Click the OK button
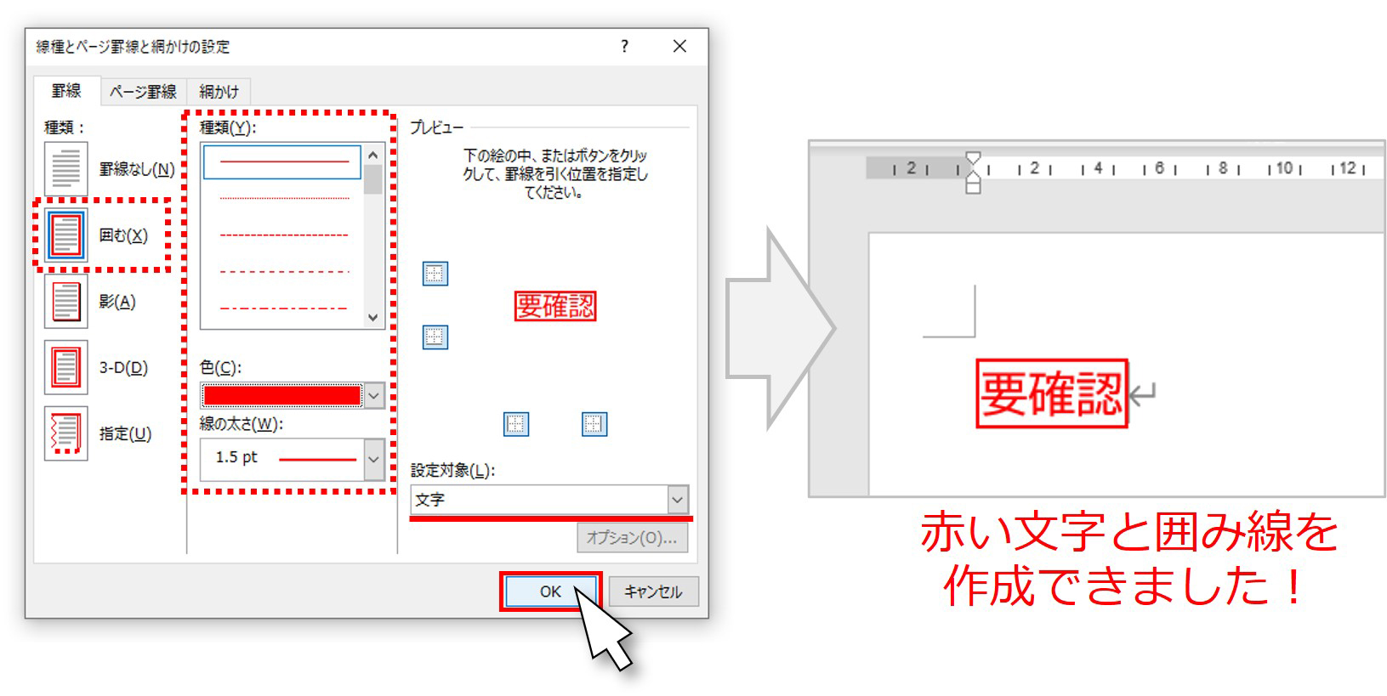point(550,591)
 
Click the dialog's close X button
point(679,47)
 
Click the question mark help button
point(625,47)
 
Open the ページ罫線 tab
point(143,92)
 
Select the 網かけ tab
point(219,92)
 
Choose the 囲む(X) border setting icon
point(65,235)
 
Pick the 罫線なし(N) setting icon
point(65,168)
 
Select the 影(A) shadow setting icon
point(65,302)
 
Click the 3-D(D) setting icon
point(65,367)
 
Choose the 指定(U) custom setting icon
point(65,433)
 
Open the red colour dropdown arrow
point(374,396)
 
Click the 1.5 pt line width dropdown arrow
point(374,459)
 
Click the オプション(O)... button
point(632,538)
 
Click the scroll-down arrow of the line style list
point(372,317)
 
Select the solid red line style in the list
point(282,161)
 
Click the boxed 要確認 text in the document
point(1051,393)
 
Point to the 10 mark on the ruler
point(1285,167)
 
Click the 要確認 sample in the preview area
point(554,306)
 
